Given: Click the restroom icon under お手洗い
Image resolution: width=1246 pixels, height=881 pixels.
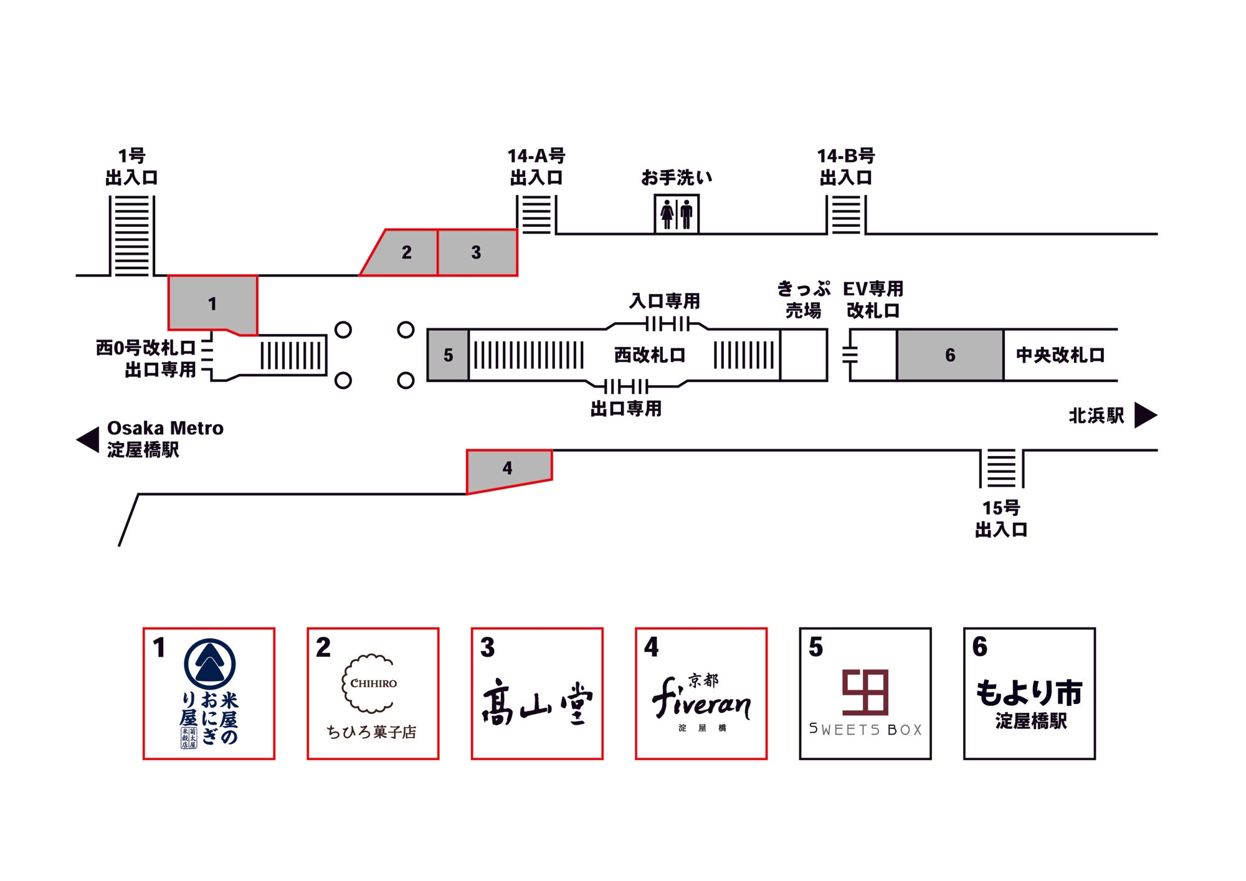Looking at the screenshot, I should (677, 214).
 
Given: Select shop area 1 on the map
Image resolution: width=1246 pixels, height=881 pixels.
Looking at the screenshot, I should (212, 303).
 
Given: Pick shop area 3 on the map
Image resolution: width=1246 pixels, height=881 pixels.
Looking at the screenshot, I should (477, 252).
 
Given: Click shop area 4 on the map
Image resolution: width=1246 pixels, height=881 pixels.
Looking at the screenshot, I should (508, 469).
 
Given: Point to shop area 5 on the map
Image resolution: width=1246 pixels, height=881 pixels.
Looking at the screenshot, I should (448, 355).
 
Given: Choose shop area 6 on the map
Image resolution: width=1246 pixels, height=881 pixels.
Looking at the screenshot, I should (950, 355).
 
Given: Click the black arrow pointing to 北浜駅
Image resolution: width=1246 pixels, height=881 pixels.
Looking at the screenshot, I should (1145, 416).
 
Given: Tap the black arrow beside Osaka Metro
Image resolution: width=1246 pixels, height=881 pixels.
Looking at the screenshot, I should (88, 440).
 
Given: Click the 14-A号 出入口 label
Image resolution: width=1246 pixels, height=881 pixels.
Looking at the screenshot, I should (536, 167).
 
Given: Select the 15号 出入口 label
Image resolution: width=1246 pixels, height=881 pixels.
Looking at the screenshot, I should (1001, 518).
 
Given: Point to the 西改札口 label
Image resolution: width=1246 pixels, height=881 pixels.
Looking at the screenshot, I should (650, 355).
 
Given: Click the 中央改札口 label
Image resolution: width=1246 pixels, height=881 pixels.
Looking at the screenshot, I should (1060, 355).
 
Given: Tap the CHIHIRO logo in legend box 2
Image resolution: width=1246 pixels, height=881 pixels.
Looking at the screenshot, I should (373, 683).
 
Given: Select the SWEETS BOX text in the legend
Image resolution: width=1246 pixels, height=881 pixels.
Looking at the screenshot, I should (865, 730).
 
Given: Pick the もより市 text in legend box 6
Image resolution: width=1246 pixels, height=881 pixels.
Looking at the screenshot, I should (1029, 693).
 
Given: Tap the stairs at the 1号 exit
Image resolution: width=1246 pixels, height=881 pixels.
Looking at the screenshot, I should (131, 236).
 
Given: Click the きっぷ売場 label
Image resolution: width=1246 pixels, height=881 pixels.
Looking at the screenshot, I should (804, 300).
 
